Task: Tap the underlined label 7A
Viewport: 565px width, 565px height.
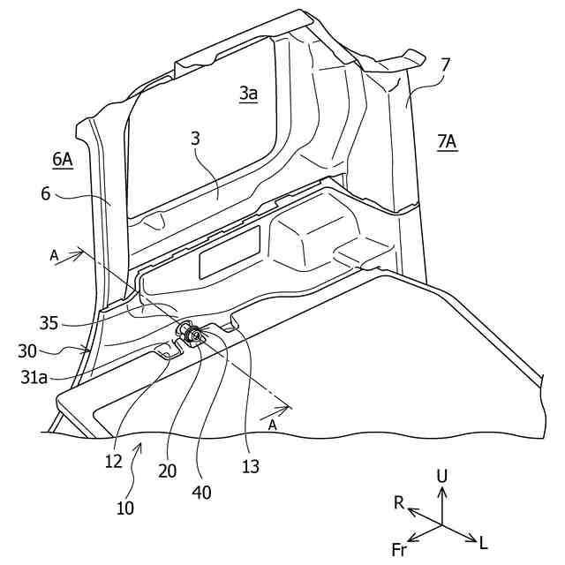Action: [x=447, y=141]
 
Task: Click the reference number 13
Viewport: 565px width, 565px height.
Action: [x=252, y=465]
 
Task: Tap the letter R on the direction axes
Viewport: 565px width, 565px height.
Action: [x=399, y=503]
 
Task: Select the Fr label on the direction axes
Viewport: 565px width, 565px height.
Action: [x=399, y=551]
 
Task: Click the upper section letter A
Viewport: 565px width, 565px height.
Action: [x=55, y=255]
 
